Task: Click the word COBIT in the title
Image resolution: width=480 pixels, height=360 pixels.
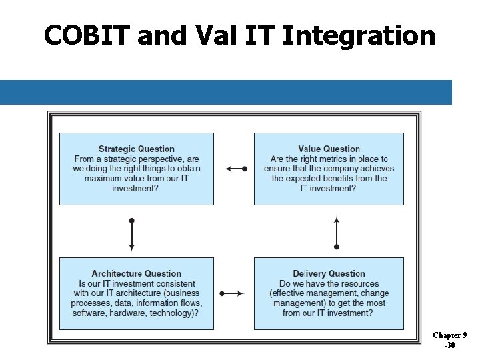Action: pyautogui.click(x=87, y=35)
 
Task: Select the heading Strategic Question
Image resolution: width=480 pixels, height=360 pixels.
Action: pyautogui.click(x=137, y=149)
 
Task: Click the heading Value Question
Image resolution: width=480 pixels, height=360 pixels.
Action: pyautogui.click(x=329, y=149)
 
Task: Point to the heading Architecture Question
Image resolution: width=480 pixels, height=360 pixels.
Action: pyautogui.click(x=137, y=274)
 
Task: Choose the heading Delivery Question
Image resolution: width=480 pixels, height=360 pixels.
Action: pyautogui.click(x=329, y=274)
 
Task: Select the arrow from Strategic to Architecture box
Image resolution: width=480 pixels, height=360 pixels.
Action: pyautogui.click(x=132, y=234)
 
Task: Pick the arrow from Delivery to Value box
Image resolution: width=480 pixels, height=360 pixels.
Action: pyautogui.click(x=337, y=233)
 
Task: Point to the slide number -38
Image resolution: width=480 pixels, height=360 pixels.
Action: pyautogui.click(x=450, y=345)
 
